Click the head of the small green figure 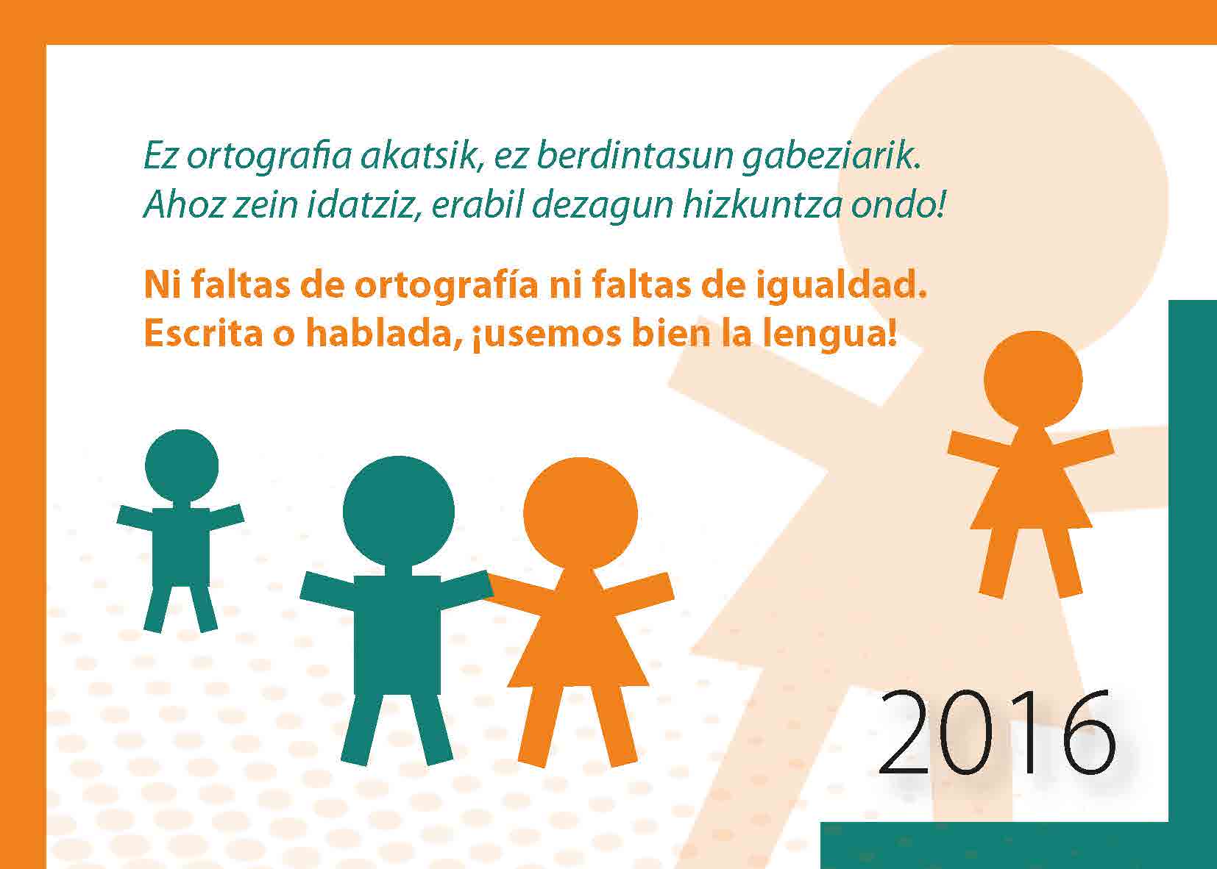click(182, 465)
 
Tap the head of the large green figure click(398, 511)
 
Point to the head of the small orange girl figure click(1033, 380)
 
